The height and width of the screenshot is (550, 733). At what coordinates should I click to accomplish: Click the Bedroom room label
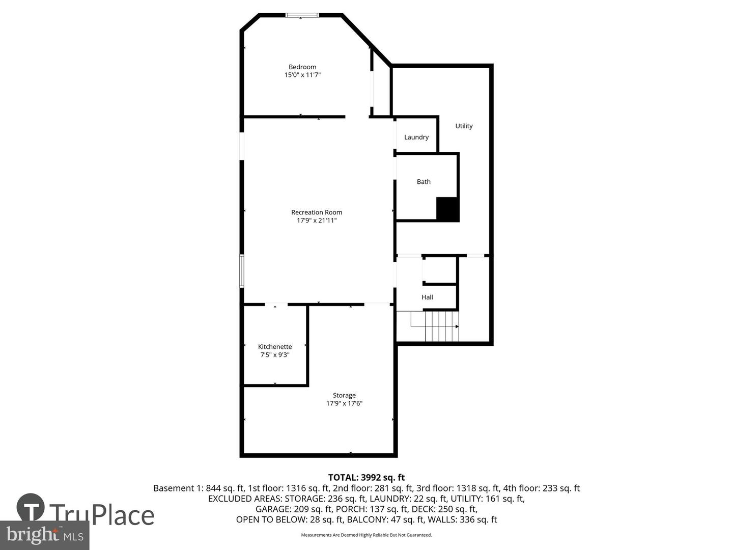302,67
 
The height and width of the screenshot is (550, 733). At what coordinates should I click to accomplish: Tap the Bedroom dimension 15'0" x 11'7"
302,75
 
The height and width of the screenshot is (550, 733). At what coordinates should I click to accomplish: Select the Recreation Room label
317,212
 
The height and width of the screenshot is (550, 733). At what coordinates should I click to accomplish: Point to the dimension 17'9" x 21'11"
317,221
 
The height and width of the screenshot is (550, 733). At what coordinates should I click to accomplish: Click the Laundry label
416,137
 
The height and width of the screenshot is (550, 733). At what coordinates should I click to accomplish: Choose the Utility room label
464,126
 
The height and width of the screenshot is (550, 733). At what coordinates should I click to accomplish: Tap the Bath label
424,181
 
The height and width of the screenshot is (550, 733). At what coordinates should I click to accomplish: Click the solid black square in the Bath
448,209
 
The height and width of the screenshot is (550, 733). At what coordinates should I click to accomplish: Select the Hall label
427,297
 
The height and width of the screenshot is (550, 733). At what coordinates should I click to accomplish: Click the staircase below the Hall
441,326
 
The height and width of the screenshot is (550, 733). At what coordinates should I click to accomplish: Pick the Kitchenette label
275,347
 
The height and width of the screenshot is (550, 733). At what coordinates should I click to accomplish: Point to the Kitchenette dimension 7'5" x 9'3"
275,355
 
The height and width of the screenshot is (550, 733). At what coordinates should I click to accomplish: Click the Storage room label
344,395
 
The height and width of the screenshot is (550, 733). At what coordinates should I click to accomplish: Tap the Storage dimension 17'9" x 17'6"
344,403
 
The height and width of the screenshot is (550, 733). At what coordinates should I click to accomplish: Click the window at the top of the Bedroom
302,15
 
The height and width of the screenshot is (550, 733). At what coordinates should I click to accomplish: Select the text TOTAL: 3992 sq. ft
366,477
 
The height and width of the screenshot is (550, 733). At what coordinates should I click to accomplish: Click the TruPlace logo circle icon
31,508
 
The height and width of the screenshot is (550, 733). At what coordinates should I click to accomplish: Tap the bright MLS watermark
45,535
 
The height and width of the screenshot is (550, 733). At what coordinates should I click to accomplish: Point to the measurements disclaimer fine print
366,535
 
